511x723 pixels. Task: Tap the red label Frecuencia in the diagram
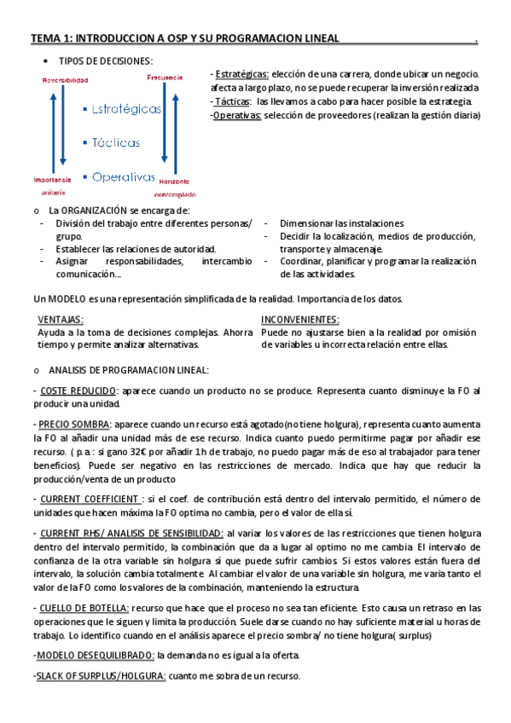(165, 78)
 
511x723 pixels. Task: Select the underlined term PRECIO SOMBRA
(73, 424)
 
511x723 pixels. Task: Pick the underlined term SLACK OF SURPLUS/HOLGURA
(94, 676)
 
